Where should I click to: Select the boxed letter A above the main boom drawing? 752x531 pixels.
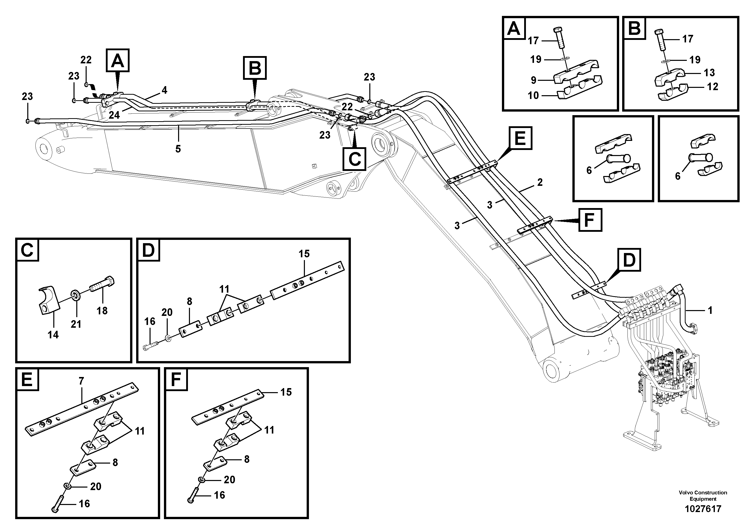[x=117, y=60]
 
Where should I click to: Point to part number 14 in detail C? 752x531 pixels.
[x=53, y=335]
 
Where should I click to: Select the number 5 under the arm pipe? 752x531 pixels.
[x=178, y=149]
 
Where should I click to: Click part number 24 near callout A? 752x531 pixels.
[x=114, y=115]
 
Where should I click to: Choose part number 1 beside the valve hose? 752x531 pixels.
[x=710, y=310]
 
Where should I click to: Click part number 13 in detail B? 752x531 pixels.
[x=709, y=72]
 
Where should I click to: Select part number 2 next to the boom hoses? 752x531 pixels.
[x=540, y=182]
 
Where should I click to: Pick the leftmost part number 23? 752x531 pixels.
[x=27, y=96]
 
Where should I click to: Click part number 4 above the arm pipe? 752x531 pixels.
[x=164, y=90]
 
